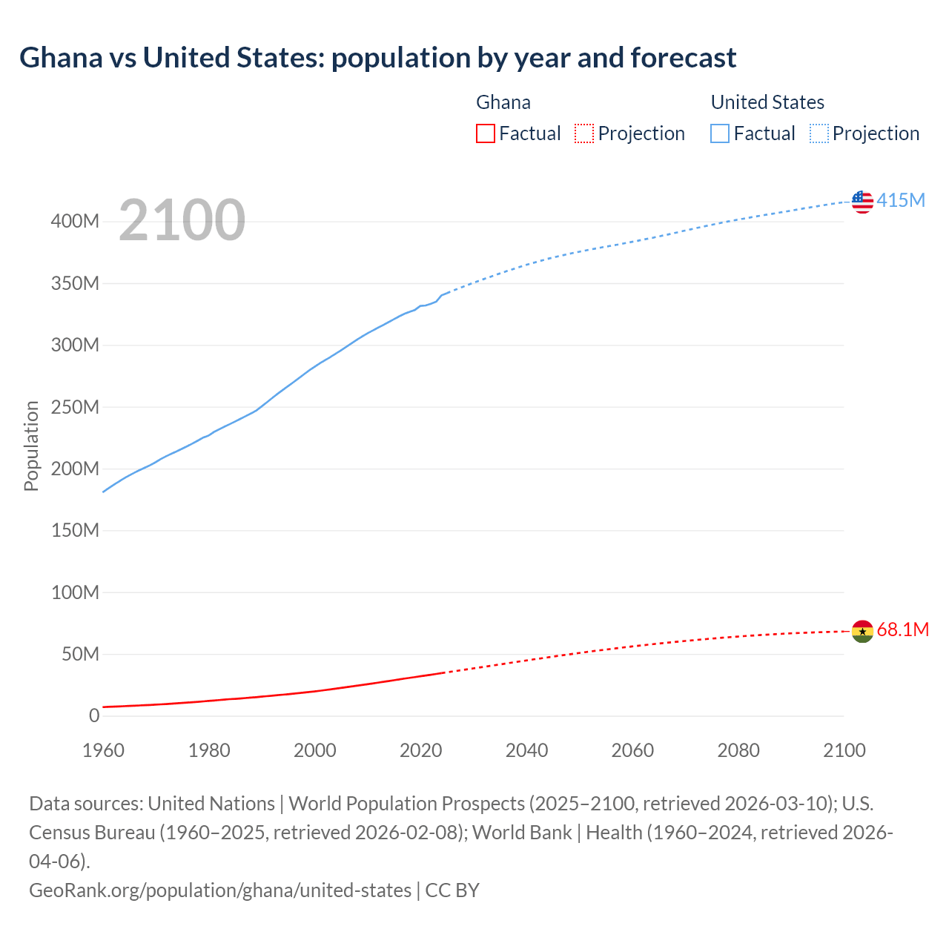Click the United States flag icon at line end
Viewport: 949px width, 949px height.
coord(862,202)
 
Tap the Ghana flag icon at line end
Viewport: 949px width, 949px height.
coord(862,632)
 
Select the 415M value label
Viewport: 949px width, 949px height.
coord(901,200)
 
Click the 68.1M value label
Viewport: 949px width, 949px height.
coord(902,629)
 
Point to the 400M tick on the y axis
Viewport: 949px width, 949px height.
coord(75,222)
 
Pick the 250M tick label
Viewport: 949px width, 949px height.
coord(75,407)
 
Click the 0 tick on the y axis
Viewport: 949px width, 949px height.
coord(93,715)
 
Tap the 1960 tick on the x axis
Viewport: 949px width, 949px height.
coord(103,750)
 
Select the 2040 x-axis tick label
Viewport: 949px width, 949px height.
coord(526,750)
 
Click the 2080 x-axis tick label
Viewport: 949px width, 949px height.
coord(738,750)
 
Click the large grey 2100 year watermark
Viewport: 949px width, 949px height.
coord(182,220)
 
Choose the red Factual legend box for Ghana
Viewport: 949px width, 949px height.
coord(486,133)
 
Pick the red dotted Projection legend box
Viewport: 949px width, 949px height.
coord(584,133)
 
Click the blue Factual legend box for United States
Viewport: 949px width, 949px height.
coord(720,133)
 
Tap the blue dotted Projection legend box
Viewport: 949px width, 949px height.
coord(819,133)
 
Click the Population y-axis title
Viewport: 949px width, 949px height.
coord(31,446)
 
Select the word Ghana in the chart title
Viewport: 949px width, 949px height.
coord(61,58)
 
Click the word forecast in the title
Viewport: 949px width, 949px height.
coord(683,58)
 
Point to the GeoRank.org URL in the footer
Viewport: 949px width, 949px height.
coord(219,890)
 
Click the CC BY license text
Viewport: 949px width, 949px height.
coord(452,890)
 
